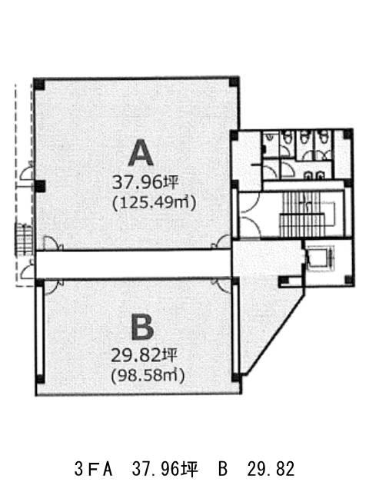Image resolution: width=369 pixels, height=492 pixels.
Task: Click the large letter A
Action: tap(141, 153)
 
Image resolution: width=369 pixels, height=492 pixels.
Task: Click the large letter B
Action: tap(142, 327)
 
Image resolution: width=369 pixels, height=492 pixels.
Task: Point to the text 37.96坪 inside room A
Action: tap(145, 182)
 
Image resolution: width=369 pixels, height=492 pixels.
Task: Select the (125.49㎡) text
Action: tap(154, 203)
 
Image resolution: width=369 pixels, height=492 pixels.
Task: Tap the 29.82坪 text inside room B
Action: tap(145, 356)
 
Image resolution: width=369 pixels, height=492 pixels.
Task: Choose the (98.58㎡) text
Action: tap(148, 375)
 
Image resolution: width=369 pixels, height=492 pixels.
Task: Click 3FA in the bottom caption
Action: tap(93, 470)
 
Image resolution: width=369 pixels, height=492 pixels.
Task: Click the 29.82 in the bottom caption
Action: tap(271, 470)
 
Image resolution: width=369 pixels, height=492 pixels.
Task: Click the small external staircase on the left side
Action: tap(24, 239)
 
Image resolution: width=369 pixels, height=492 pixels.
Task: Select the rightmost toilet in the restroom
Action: tap(322, 137)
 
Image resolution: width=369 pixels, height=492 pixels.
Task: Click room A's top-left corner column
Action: tap(39, 84)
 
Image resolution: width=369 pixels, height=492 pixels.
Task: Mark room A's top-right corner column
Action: tap(234, 81)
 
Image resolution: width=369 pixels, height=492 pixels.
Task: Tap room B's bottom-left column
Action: tap(40, 379)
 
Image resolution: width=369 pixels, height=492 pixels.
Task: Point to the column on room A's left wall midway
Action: tap(39, 186)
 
